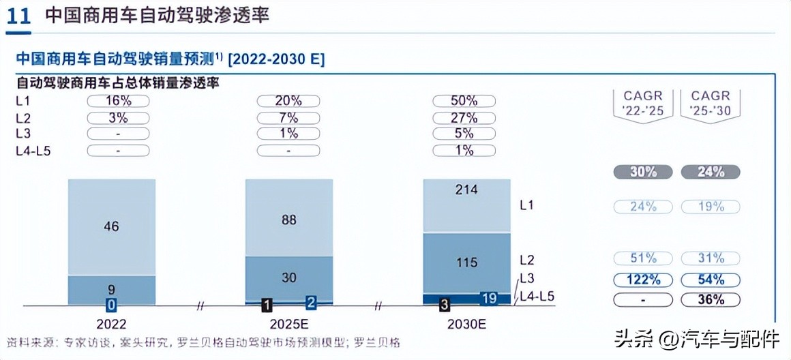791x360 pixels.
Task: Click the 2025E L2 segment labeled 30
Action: (289, 277)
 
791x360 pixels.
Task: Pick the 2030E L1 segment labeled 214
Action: (466, 205)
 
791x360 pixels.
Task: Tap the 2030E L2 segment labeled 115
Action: (466, 262)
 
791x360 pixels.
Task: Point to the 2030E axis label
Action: (466, 325)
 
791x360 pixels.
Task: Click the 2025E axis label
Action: (289, 325)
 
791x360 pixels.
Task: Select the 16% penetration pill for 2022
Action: (118, 101)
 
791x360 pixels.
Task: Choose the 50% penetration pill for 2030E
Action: (464, 101)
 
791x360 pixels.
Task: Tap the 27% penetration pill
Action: (464, 117)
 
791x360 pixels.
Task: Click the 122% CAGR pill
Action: (642, 280)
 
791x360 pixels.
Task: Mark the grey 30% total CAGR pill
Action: (642, 172)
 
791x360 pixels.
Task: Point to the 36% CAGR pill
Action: (711, 299)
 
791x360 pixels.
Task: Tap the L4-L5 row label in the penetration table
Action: (33, 150)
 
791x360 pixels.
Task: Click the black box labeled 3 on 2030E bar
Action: (445, 303)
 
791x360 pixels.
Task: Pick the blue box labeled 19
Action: (488, 298)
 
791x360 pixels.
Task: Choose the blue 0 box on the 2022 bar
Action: (111, 303)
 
